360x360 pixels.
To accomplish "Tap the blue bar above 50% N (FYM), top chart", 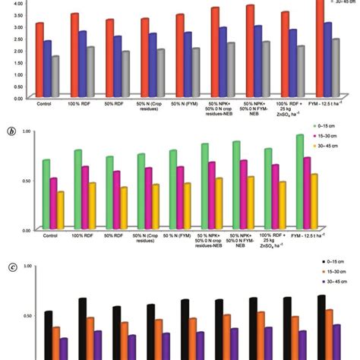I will click(x=188, y=65).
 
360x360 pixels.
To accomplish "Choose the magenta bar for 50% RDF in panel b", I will click(x=116, y=200).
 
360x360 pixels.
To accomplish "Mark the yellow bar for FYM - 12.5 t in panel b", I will click(x=335, y=201).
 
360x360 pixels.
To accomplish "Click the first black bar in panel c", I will click(x=48, y=335).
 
